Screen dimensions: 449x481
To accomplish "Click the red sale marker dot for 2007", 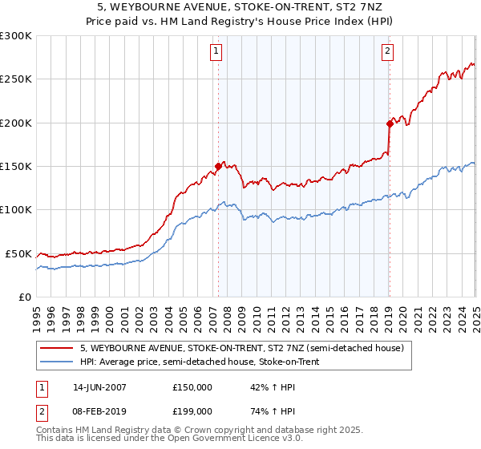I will (x=218, y=167).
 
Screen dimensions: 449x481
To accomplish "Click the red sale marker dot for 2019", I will (x=389, y=123).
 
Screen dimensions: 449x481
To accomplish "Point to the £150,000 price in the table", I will (x=192, y=386).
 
